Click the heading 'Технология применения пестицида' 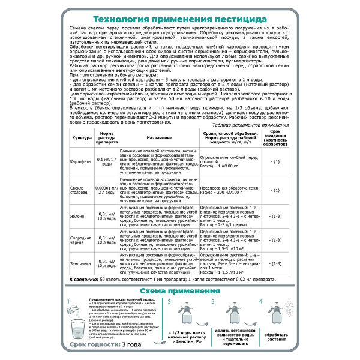click(179, 18)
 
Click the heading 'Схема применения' click(179, 292)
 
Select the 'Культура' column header click(82, 137)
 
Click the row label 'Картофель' click(82, 163)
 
